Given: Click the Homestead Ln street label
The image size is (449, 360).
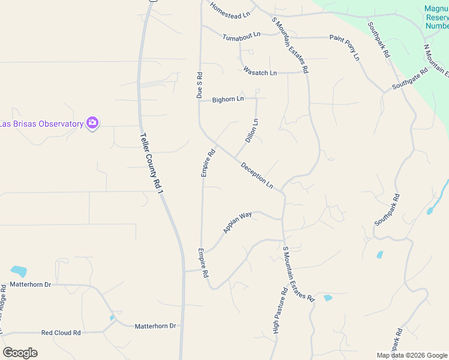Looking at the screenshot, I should pos(229,10).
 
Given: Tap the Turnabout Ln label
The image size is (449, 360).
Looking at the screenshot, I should pos(242,37).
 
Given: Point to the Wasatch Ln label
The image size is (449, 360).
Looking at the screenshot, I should pos(260,73).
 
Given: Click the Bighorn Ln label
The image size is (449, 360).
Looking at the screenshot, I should pos(228,99).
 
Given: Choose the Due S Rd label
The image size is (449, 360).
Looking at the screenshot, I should pos(199,85).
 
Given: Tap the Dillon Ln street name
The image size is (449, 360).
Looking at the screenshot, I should pos(252,130).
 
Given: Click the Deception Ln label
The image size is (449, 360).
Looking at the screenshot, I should pos(257,175).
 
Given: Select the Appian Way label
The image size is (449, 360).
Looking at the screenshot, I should pos(237,222).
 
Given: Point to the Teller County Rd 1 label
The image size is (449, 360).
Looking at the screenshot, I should pos(152,163).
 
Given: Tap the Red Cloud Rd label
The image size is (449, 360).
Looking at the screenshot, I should pos(61,332).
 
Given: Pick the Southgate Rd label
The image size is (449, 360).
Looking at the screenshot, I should pos(410,79).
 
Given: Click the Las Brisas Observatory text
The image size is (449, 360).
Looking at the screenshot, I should pos(41,124).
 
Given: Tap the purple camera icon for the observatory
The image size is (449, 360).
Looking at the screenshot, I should pos(92,123).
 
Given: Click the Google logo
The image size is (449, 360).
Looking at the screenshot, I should pos(20,353).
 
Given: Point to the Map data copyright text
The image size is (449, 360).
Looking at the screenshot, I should pos(411,355).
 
